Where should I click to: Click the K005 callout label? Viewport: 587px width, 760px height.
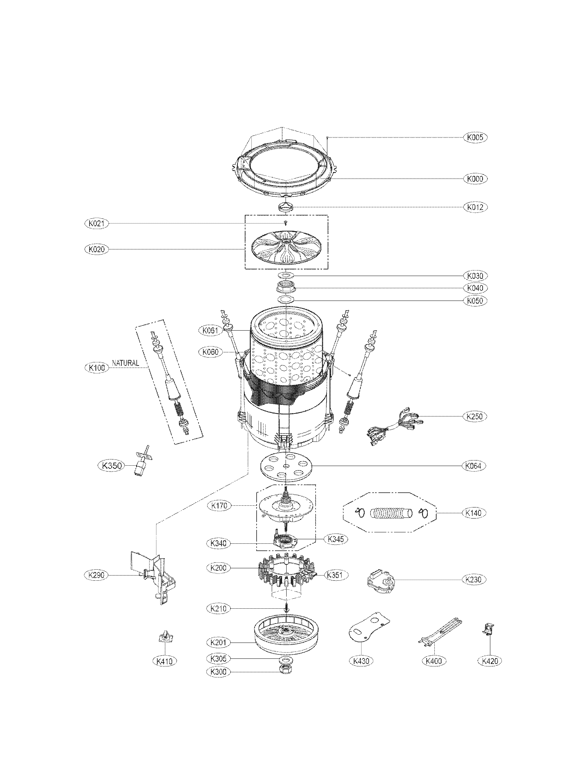pos(475,137)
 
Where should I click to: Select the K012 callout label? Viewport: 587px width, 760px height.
pos(475,207)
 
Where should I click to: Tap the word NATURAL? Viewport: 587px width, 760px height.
pos(125,363)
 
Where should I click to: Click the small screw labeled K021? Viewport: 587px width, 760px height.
pos(286,223)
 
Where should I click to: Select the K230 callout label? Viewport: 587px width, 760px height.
pos(474,579)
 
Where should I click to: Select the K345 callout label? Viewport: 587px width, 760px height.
pos(336,539)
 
